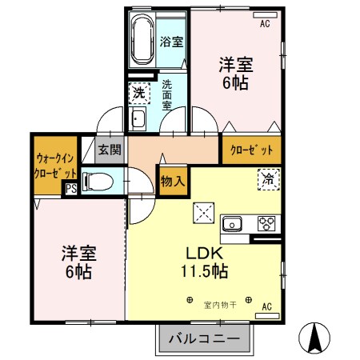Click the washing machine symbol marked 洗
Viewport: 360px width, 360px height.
tap(138, 92)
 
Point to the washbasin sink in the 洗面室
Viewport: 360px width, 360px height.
tap(138, 120)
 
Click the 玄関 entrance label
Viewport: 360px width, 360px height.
tap(109, 149)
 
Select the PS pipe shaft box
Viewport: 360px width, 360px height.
tap(71, 190)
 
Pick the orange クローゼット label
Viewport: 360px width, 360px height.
tap(251, 150)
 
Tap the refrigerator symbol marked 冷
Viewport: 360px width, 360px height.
tap(268, 181)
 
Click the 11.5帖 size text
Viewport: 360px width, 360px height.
tap(205, 271)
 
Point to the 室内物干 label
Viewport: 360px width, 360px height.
tap(218, 304)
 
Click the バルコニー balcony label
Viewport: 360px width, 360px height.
tap(204, 338)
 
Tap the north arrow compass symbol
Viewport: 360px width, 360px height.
tap(316, 337)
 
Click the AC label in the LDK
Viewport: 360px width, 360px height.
tap(267, 305)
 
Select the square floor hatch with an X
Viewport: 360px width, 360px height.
tap(202, 214)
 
